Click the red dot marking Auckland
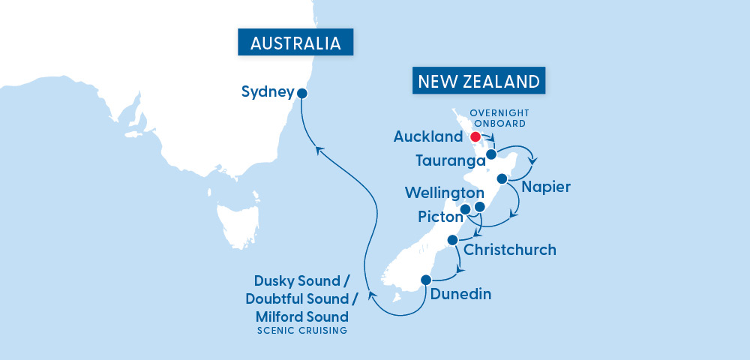pyautogui.click(x=475, y=137)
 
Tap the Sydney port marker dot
pyautogui.click(x=302, y=94)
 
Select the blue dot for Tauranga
pyautogui.click(x=491, y=154)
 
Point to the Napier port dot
pyautogui.click(x=502, y=178)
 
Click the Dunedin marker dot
pyautogui.click(x=426, y=280)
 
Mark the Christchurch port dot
pyautogui.click(x=452, y=240)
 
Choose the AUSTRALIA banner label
pyautogui.click(x=295, y=43)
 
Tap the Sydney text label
pyautogui.click(x=267, y=92)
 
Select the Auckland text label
pyautogui.click(x=428, y=137)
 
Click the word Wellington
pyautogui.click(x=444, y=193)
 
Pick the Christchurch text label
pyautogui.click(x=510, y=250)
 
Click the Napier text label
pyautogui.click(x=547, y=187)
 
